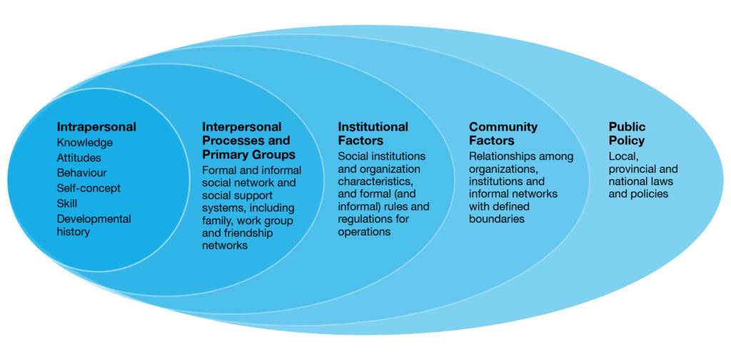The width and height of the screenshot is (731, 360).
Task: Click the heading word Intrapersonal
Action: (x=96, y=127)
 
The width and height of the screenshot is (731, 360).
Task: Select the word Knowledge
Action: (x=85, y=143)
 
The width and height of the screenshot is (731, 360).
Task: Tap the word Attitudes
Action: (x=79, y=158)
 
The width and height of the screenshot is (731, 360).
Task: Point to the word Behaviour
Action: (x=82, y=173)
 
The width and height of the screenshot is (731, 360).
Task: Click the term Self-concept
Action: (x=89, y=188)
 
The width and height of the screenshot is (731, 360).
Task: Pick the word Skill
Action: (x=69, y=204)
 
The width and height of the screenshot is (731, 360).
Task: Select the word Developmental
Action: (x=94, y=219)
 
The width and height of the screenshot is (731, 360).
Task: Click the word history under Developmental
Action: (x=74, y=233)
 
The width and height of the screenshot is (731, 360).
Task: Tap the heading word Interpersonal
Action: (x=241, y=127)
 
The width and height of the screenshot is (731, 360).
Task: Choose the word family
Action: (x=218, y=219)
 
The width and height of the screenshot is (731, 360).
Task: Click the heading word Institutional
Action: (x=373, y=127)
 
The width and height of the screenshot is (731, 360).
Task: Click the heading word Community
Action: (x=503, y=127)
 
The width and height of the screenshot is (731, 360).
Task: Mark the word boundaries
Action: (x=497, y=219)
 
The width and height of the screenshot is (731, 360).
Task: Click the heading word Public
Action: (x=627, y=127)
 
